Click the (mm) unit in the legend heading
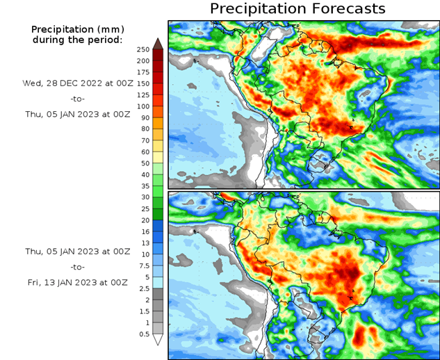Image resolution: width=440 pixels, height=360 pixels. pos(108,29)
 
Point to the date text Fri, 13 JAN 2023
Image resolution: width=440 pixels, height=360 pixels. pos(76,282)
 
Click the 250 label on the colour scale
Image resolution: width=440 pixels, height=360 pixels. pos(143,49)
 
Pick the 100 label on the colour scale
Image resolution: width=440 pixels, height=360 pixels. pos(143,106)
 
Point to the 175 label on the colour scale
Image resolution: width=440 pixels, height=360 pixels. pos(143,72)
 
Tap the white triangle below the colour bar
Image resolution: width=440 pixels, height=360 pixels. pos(158,340)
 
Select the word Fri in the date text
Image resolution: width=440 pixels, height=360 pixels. pos(33,282)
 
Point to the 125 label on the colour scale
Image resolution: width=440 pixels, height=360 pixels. pos(143,95)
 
